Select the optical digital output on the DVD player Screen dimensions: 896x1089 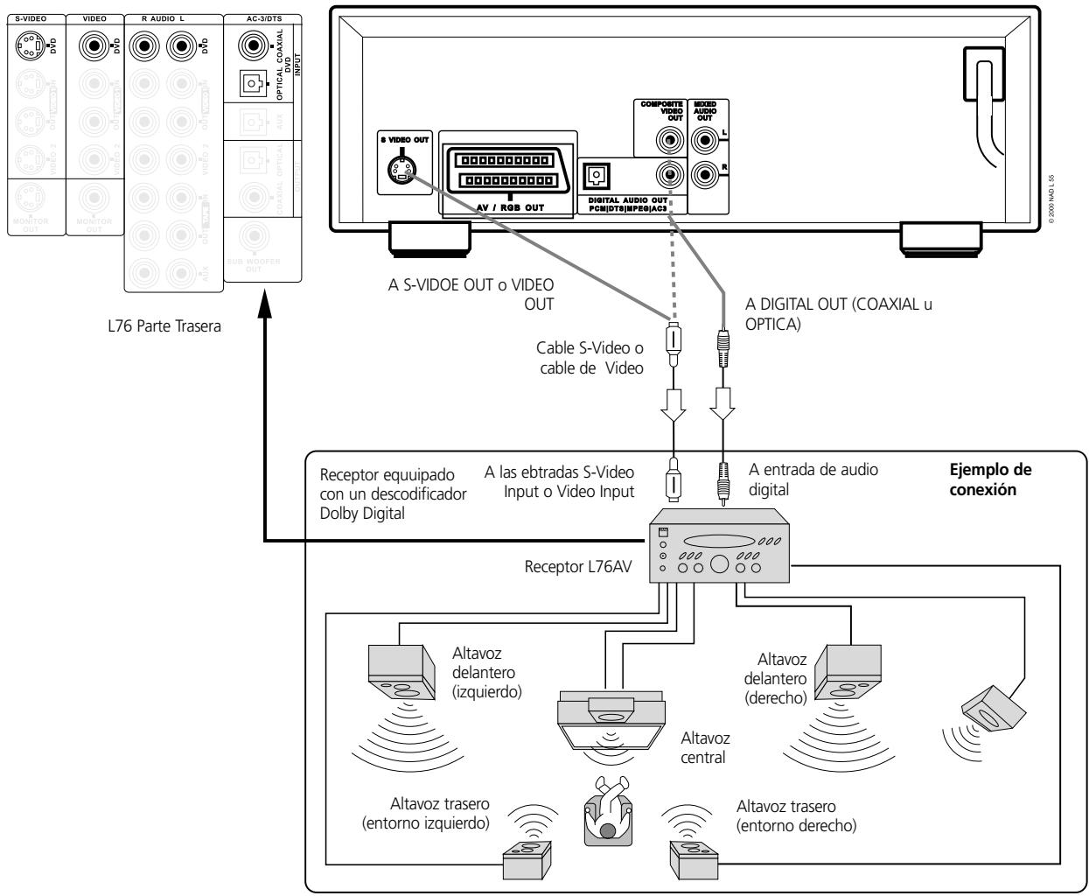[597, 175]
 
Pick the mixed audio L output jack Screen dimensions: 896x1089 [705, 138]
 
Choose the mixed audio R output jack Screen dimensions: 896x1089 [705, 173]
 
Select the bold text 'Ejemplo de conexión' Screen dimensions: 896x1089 [982, 479]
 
